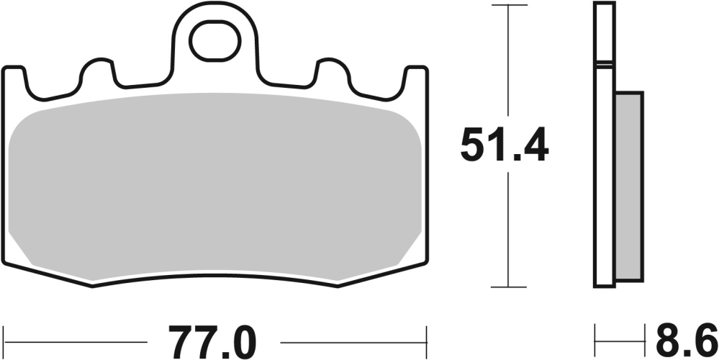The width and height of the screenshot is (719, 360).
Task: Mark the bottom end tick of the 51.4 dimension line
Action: [x=509, y=287]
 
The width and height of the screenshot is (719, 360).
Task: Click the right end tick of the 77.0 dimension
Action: [x=427, y=338]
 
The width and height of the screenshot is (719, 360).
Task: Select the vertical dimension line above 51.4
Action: [x=509, y=65]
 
